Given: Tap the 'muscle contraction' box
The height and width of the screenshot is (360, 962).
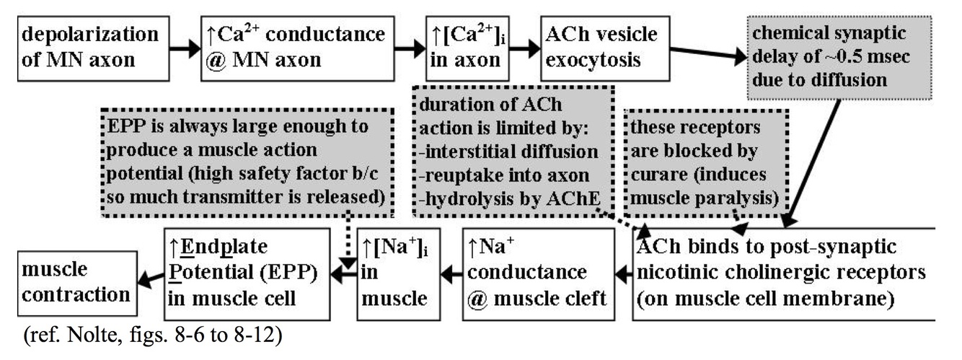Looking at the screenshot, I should pos(69,282).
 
